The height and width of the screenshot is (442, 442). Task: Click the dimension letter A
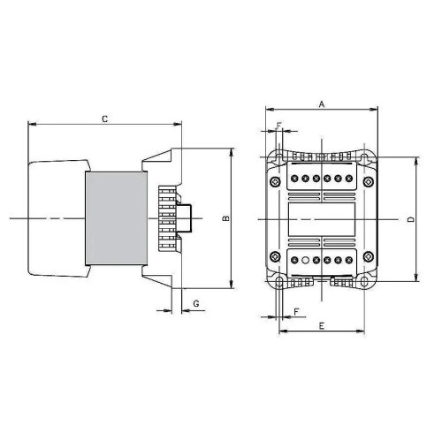click(322, 104)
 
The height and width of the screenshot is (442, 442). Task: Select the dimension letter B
click(225, 217)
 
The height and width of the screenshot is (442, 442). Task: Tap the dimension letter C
click(105, 118)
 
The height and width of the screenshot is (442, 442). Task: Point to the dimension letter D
click(411, 218)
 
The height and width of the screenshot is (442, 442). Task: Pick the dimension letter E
click(321, 326)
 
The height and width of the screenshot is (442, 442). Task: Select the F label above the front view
click(279, 125)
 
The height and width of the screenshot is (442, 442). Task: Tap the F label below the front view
click(295, 312)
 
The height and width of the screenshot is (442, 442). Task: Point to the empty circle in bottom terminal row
click(305, 261)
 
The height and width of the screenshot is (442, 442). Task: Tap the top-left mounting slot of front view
click(279, 159)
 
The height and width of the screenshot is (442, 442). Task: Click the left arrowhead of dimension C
click(32, 124)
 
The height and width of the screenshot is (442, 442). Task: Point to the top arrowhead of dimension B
click(231, 151)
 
